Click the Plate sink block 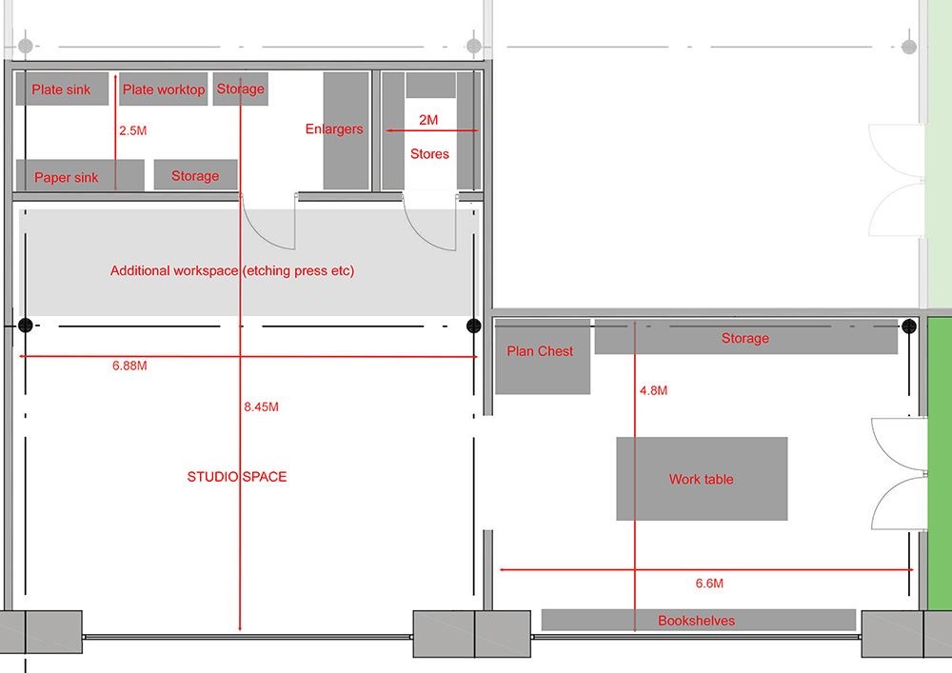(61, 89)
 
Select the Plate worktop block (164, 89)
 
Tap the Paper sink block (67, 177)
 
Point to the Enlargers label (334, 129)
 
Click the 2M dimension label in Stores (428, 120)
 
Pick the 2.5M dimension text (133, 130)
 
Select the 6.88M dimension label (129, 366)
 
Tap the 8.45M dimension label (261, 406)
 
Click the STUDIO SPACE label (237, 477)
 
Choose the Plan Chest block (541, 355)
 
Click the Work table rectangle (702, 479)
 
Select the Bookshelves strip (697, 621)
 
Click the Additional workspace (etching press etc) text (232, 271)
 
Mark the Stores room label (429, 153)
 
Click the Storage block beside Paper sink (195, 175)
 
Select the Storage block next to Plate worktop (240, 89)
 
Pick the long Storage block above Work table (745, 338)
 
